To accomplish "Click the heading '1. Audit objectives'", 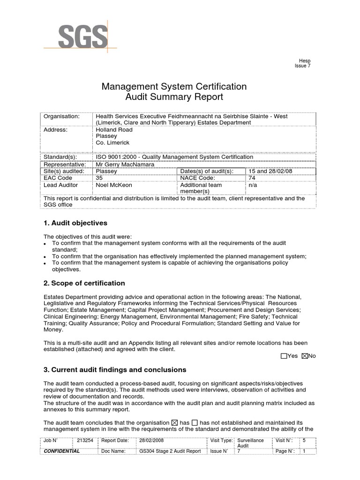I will click(75, 223).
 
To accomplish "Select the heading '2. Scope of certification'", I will click(84, 283).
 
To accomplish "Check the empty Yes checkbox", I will click(283, 356).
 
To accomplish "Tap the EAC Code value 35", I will click(99, 178).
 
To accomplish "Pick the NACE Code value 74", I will click(252, 178).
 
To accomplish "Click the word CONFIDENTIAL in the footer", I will click(61, 451).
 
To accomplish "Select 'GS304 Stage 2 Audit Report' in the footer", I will click(170, 451).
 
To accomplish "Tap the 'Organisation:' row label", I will click(61, 116).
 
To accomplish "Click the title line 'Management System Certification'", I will click(174, 87).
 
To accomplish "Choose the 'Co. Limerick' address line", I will click(112, 143).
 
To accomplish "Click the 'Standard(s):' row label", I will click(60, 157).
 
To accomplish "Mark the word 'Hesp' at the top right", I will click(305, 61).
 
